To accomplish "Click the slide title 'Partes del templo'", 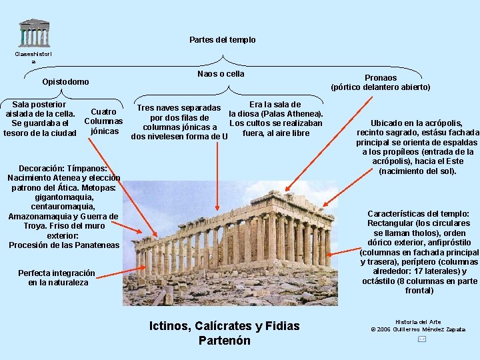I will tap(222, 40).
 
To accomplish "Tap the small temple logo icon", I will tap(34, 33).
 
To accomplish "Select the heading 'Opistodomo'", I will tap(65, 82).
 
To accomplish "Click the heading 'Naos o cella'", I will tap(221, 74).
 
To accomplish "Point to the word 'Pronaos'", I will tap(381, 78).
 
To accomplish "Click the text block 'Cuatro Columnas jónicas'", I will tap(103, 121).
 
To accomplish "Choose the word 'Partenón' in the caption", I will tap(224, 341).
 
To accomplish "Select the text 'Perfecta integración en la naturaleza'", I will tap(57, 278).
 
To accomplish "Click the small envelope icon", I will tap(421, 339).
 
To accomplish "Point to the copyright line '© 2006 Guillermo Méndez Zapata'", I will tap(418, 329).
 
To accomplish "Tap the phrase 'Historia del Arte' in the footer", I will tap(418, 322).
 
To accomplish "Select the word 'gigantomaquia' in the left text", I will tap(64, 197).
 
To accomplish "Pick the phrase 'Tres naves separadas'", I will tap(179, 108).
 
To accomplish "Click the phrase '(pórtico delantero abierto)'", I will tap(381, 87).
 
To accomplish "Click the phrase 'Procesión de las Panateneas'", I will tap(64, 245).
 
